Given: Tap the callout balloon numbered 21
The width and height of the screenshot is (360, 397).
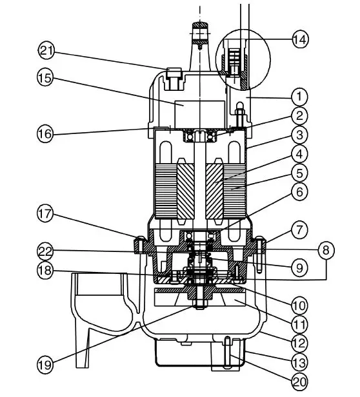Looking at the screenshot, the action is [46, 51].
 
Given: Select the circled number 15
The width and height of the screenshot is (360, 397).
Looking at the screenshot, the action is [45, 78].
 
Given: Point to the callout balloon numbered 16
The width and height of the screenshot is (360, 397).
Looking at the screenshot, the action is [45, 133].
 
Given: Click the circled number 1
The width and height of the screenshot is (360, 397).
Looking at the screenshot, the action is [299, 97].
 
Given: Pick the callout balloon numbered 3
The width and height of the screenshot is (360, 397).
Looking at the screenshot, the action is [299, 135].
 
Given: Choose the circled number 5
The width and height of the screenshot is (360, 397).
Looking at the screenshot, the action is [299, 173].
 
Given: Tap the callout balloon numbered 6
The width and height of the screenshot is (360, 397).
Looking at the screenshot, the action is [299, 192].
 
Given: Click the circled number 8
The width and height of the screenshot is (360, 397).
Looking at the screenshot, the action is [326, 250].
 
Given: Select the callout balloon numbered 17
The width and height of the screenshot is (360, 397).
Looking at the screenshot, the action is [45, 213].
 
